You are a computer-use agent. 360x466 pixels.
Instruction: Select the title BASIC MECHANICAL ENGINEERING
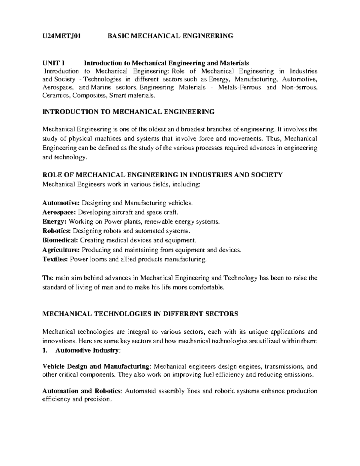170,36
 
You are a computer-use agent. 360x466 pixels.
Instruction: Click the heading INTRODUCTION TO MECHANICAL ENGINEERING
129,112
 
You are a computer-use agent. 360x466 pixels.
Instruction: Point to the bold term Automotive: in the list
61,203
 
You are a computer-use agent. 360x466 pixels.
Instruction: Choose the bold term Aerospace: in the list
59,212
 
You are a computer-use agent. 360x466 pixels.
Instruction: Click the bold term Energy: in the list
55,222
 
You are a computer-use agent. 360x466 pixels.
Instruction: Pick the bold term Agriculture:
61,250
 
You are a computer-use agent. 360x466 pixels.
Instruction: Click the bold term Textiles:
55,259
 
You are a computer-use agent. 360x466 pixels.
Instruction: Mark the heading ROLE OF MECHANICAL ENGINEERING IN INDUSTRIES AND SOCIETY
162,175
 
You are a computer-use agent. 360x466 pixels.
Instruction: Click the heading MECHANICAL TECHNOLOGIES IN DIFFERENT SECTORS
140,314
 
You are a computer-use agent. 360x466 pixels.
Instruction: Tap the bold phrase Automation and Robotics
82,391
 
